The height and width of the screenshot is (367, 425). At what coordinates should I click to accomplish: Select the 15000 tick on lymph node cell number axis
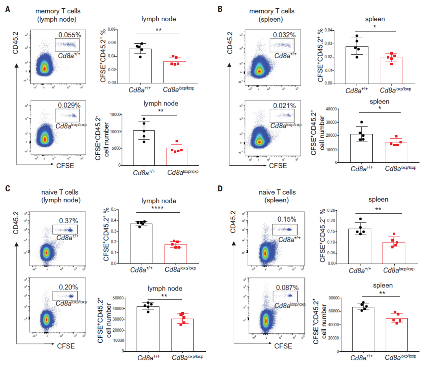(x=115, y=115)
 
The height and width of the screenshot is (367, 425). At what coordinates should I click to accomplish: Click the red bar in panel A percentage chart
(x=175, y=72)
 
